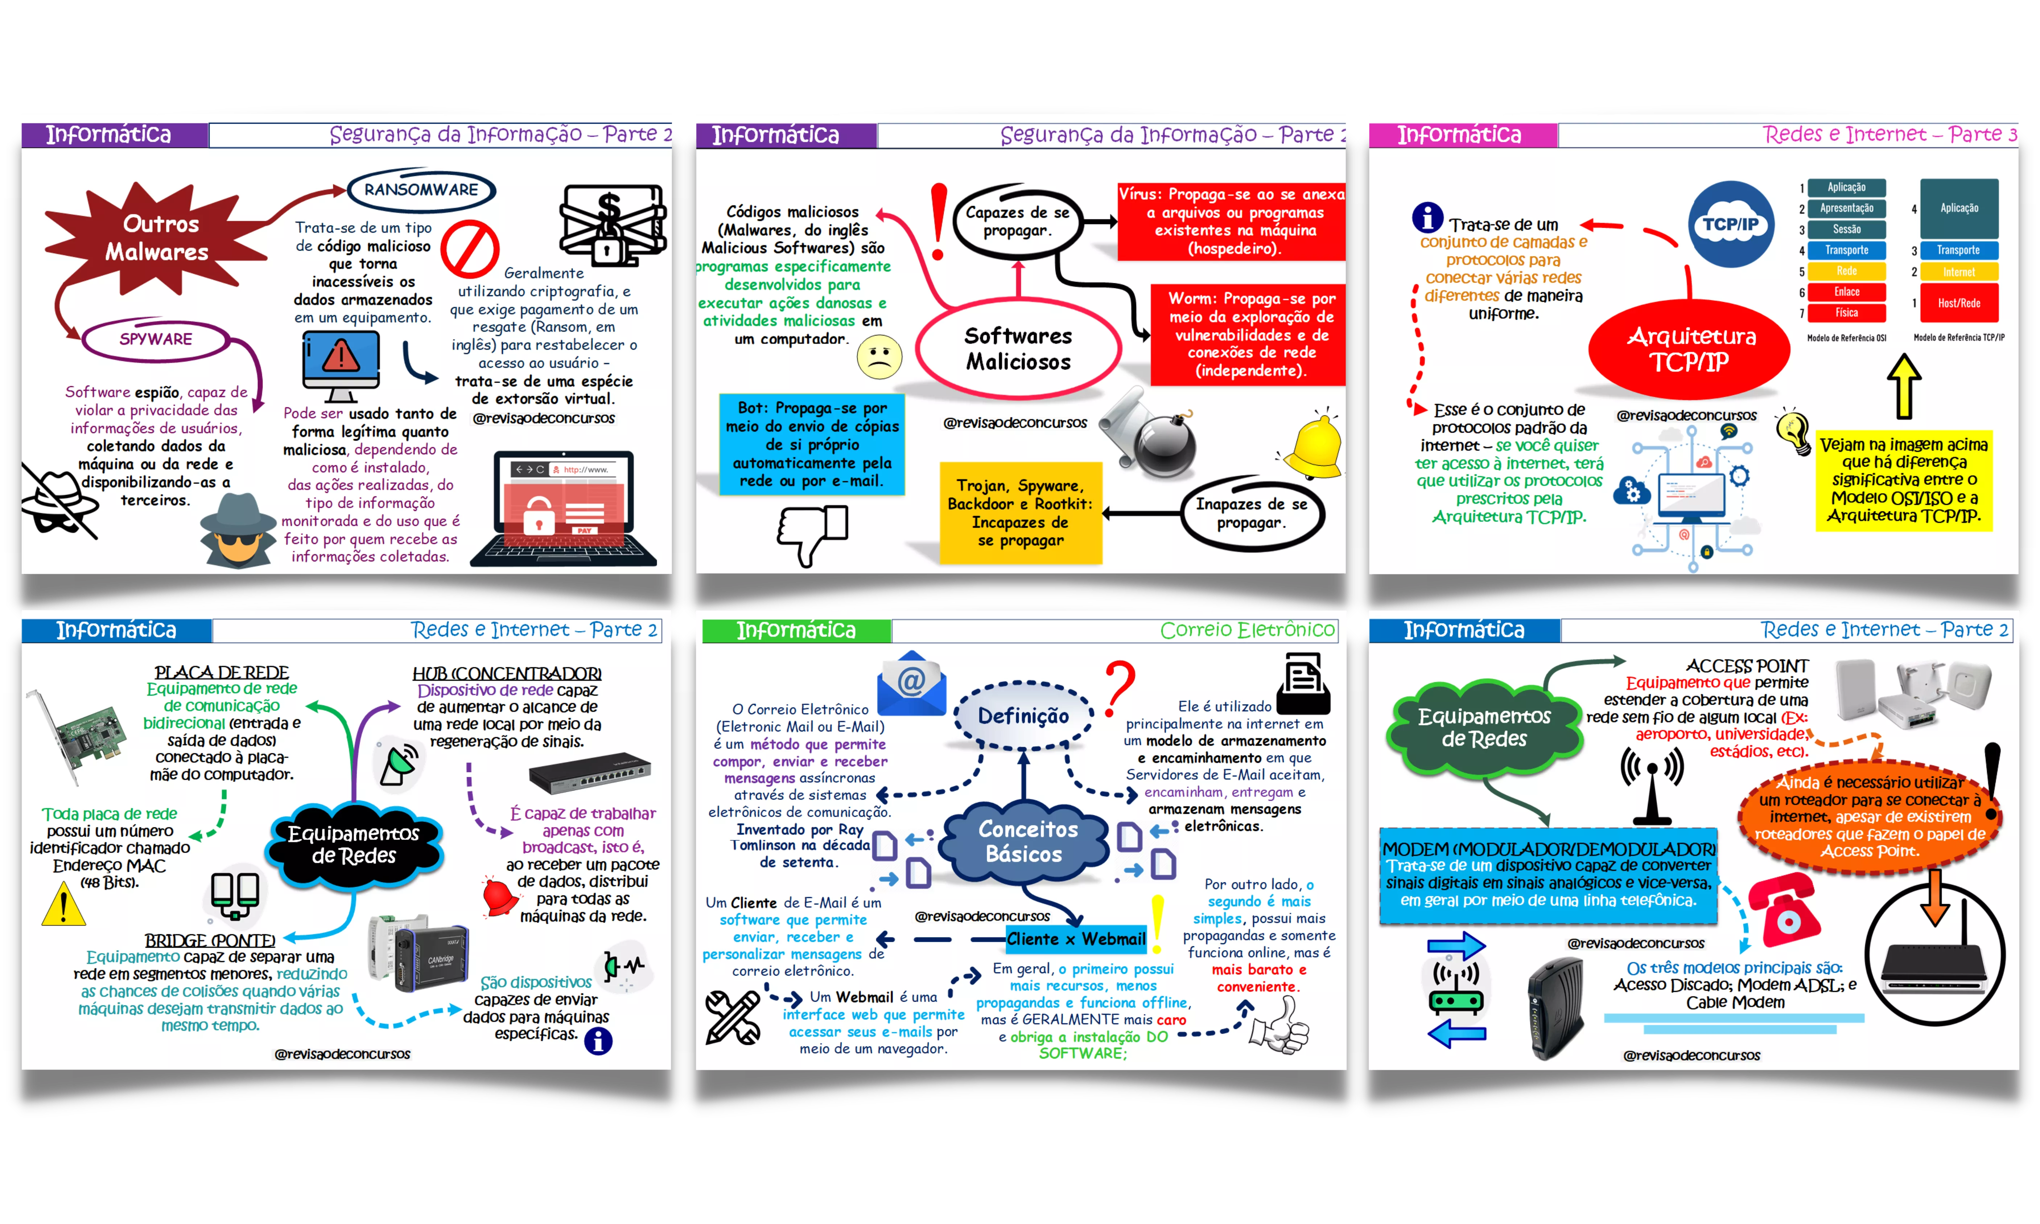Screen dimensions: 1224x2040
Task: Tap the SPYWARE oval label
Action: click(156, 339)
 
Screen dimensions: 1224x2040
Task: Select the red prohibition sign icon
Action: click(469, 249)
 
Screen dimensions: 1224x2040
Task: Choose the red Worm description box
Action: click(1249, 334)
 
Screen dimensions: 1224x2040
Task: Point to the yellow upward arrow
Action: click(1904, 386)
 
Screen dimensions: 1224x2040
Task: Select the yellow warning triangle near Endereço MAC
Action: click(63, 904)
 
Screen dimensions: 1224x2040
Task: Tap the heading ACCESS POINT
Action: click(1747, 665)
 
